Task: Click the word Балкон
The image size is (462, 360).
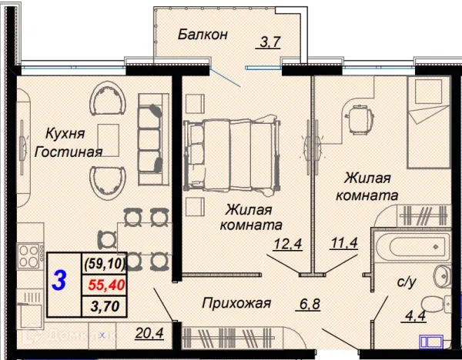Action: pyautogui.click(x=203, y=35)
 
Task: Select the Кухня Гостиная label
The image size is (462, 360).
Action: pyautogui.click(x=68, y=142)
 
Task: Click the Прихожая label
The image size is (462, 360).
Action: pyautogui.click(x=236, y=303)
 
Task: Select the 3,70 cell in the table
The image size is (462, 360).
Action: pyautogui.click(x=105, y=305)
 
